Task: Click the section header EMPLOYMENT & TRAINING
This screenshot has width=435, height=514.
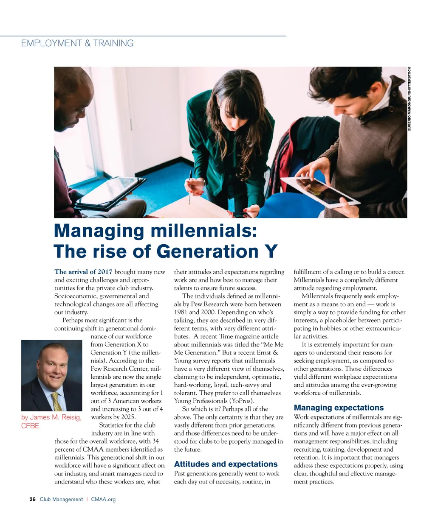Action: coord(77,43)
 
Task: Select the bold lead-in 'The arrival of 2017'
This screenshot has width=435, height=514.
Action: coord(83,272)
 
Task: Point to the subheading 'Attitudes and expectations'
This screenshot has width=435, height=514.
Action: coord(226,464)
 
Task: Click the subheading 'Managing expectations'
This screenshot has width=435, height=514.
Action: coord(339,408)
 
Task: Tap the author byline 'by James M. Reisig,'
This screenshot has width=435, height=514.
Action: coord(51,417)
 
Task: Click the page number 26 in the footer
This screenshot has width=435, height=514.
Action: coord(32,499)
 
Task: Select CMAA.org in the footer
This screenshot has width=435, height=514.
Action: coord(103,499)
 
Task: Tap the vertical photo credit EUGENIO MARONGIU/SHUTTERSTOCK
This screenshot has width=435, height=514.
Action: coord(410,99)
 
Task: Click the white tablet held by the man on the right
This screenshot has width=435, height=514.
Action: coord(316,191)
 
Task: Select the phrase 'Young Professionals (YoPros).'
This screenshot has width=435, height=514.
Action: coord(214,401)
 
